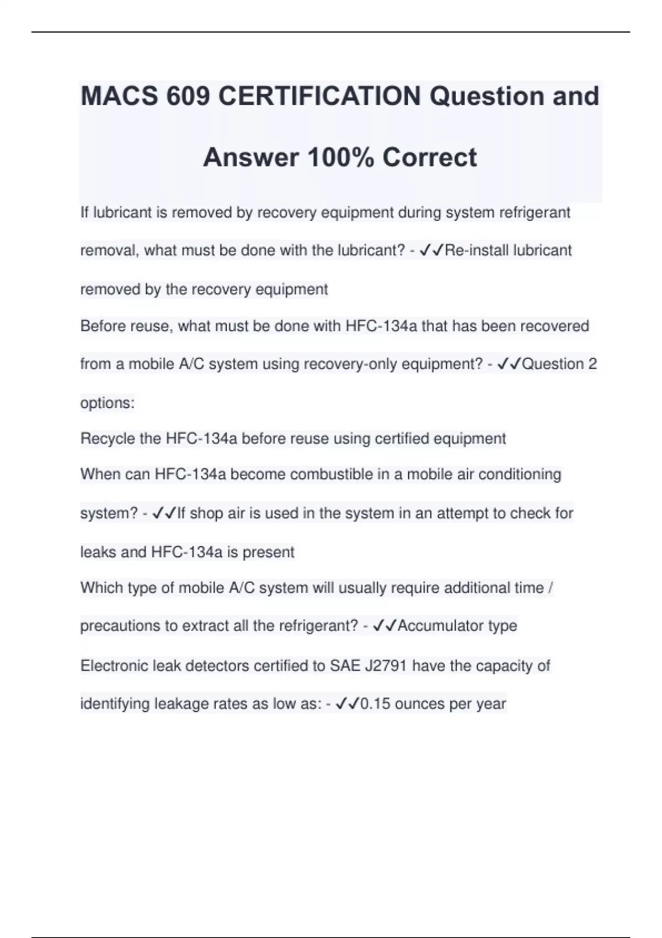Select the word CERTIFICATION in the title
(x=319, y=97)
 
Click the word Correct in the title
(x=429, y=158)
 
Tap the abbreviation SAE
(x=345, y=666)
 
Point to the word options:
(x=107, y=403)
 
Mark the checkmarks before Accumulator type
(x=385, y=626)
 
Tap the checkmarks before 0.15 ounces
(x=347, y=704)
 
